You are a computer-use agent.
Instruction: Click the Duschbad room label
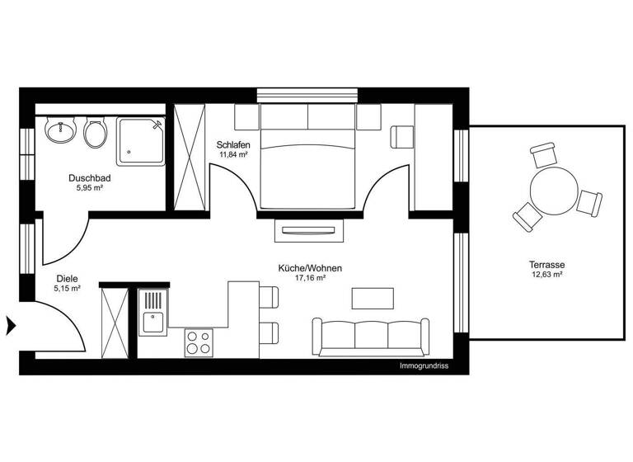click(90, 177)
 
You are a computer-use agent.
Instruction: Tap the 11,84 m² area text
click(234, 154)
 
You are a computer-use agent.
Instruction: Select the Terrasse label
click(546, 265)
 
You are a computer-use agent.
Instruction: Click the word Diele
click(67, 279)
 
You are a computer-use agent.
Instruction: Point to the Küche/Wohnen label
click(310, 268)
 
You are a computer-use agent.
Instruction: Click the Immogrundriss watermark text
click(423, 365)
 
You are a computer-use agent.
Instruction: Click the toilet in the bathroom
click(95, 132)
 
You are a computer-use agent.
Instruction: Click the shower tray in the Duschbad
click(141, 141)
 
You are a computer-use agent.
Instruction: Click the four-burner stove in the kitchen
click(198, 342)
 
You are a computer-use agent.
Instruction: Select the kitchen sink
click(153, 322)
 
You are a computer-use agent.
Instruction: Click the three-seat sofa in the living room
click(369, 336)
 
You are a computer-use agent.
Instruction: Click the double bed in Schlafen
click(309, 169)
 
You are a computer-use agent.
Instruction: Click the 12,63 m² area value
click(546, 275)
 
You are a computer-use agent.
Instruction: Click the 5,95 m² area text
click(90, 187)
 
